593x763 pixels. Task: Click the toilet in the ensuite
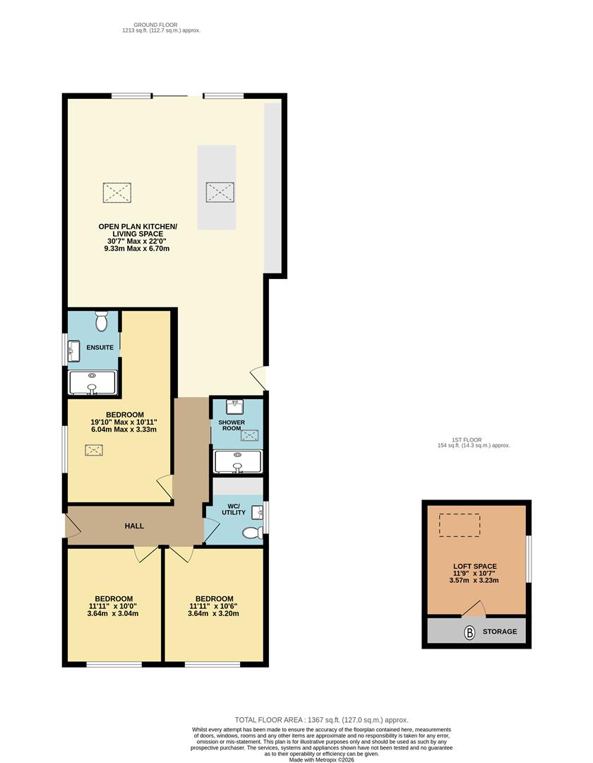102,321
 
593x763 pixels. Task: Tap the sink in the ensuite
74,351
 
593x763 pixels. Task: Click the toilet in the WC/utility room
253,533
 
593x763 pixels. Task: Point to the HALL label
134,526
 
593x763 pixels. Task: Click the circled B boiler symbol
469,632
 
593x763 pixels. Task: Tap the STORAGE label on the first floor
500,632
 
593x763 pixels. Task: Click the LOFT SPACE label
475,567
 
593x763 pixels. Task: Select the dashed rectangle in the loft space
460,526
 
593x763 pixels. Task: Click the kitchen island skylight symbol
220,191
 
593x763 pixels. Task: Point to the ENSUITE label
100,348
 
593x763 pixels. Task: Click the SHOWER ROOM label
232,425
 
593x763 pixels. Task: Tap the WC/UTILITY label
234,509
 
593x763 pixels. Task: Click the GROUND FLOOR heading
155,25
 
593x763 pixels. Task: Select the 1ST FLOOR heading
467,440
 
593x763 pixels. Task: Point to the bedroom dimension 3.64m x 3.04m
113,614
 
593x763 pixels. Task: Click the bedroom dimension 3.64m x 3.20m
213,614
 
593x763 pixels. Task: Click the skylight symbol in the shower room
250,435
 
